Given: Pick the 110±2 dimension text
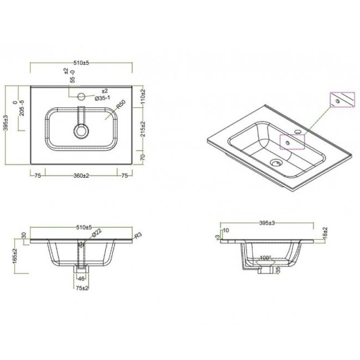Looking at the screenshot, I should point(142,97).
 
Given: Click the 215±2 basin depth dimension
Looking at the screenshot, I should point(142,128).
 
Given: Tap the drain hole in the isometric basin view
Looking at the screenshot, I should point(275,163).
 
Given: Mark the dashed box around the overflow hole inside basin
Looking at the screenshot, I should point(291,142).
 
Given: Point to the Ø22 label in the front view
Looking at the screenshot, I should point(96,233).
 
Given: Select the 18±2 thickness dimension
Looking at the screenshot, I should point(326,233).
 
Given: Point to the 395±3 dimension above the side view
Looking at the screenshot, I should point(268,223).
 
